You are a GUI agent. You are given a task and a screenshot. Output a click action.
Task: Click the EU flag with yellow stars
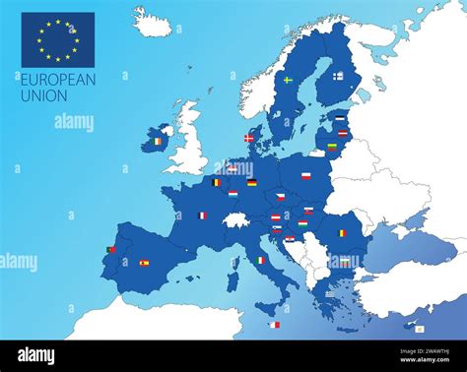[x=57, y=39]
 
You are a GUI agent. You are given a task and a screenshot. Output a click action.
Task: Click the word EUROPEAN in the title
[x=57, y=81]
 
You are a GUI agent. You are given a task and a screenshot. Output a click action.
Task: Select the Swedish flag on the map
[x=288, y=80]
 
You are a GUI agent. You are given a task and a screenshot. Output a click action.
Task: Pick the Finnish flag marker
[x=338, y=76]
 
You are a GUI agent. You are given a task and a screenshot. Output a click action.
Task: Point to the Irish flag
[x=157, y=142]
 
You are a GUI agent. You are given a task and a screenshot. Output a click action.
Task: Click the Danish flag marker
[x=248, y=138]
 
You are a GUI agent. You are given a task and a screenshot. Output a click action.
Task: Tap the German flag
[x=252, y=183]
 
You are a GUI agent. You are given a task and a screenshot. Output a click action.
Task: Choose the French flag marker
[x=203, y=216]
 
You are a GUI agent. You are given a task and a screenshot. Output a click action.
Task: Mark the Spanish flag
[x=144, y=263]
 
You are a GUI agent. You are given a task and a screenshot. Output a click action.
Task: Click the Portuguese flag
[x=111, y=250]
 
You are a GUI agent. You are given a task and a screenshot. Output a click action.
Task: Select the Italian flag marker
[x=261, y=260]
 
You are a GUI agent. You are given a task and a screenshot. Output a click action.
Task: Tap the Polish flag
[x=305, y=176]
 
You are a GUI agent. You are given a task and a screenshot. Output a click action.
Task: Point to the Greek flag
[x=329, y=292]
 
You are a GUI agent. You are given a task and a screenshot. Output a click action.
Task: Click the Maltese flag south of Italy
[x=275, y=325]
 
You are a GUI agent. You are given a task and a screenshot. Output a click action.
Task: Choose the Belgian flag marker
[x=216, y=182]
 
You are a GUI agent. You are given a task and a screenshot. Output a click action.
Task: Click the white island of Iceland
[x=153, y=23]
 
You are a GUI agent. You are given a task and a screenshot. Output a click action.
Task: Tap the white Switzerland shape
[x=236, y=219]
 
